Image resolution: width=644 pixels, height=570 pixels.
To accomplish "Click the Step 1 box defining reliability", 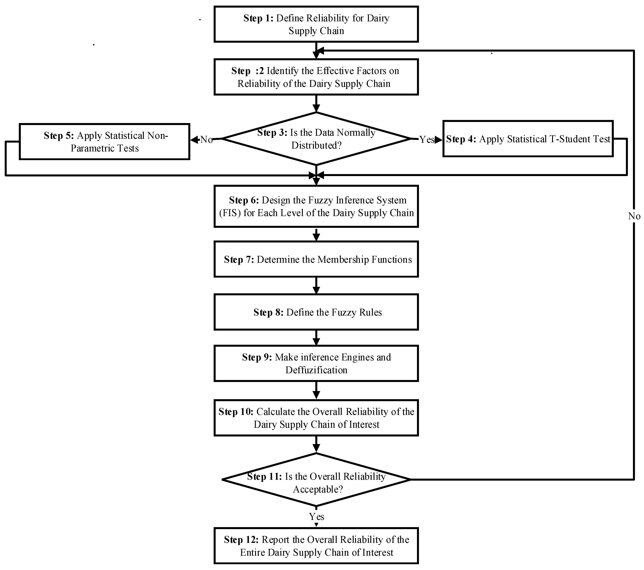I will [316, 24].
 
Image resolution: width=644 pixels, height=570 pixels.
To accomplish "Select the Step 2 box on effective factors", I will [316, 77].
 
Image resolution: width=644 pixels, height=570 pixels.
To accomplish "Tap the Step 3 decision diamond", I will [316, 139].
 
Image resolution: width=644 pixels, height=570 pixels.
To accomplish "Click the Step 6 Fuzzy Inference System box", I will [316, 206].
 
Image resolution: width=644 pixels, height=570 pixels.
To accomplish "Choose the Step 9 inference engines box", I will [316, 364].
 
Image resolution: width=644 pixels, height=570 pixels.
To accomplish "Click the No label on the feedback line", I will [634, 216].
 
